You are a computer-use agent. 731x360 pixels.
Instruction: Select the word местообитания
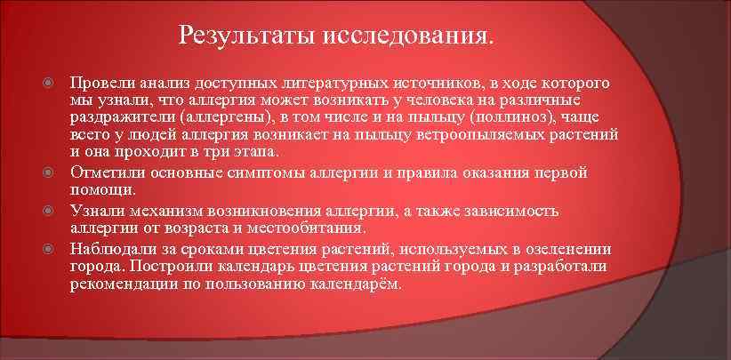(308, 228)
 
